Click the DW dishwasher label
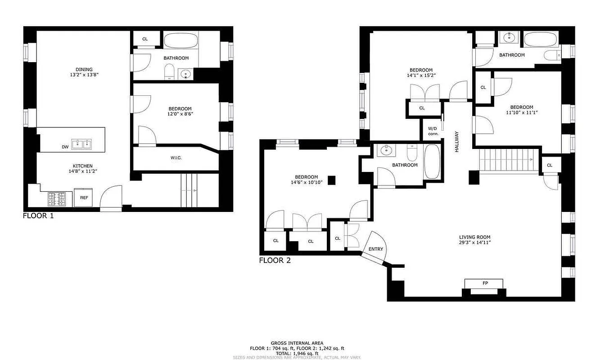point(65,147)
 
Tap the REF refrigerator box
point(84,198)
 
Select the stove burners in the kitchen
point(57,198)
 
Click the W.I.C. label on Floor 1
point(176,157)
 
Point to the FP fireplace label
point(485,283)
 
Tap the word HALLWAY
point(456,141)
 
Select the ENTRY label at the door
point(376,249)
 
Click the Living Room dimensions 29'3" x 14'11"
point(474,243)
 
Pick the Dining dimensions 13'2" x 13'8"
point(84,75)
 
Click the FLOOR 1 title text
point(38,216)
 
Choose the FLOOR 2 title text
point(275,261)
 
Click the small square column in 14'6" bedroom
point(332,180)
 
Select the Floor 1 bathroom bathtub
point(181,41)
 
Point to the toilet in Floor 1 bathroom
point(169,72)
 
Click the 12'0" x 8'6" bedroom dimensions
point(180,114)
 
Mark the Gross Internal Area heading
point(297,343)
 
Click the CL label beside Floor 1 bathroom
point(145,39)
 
